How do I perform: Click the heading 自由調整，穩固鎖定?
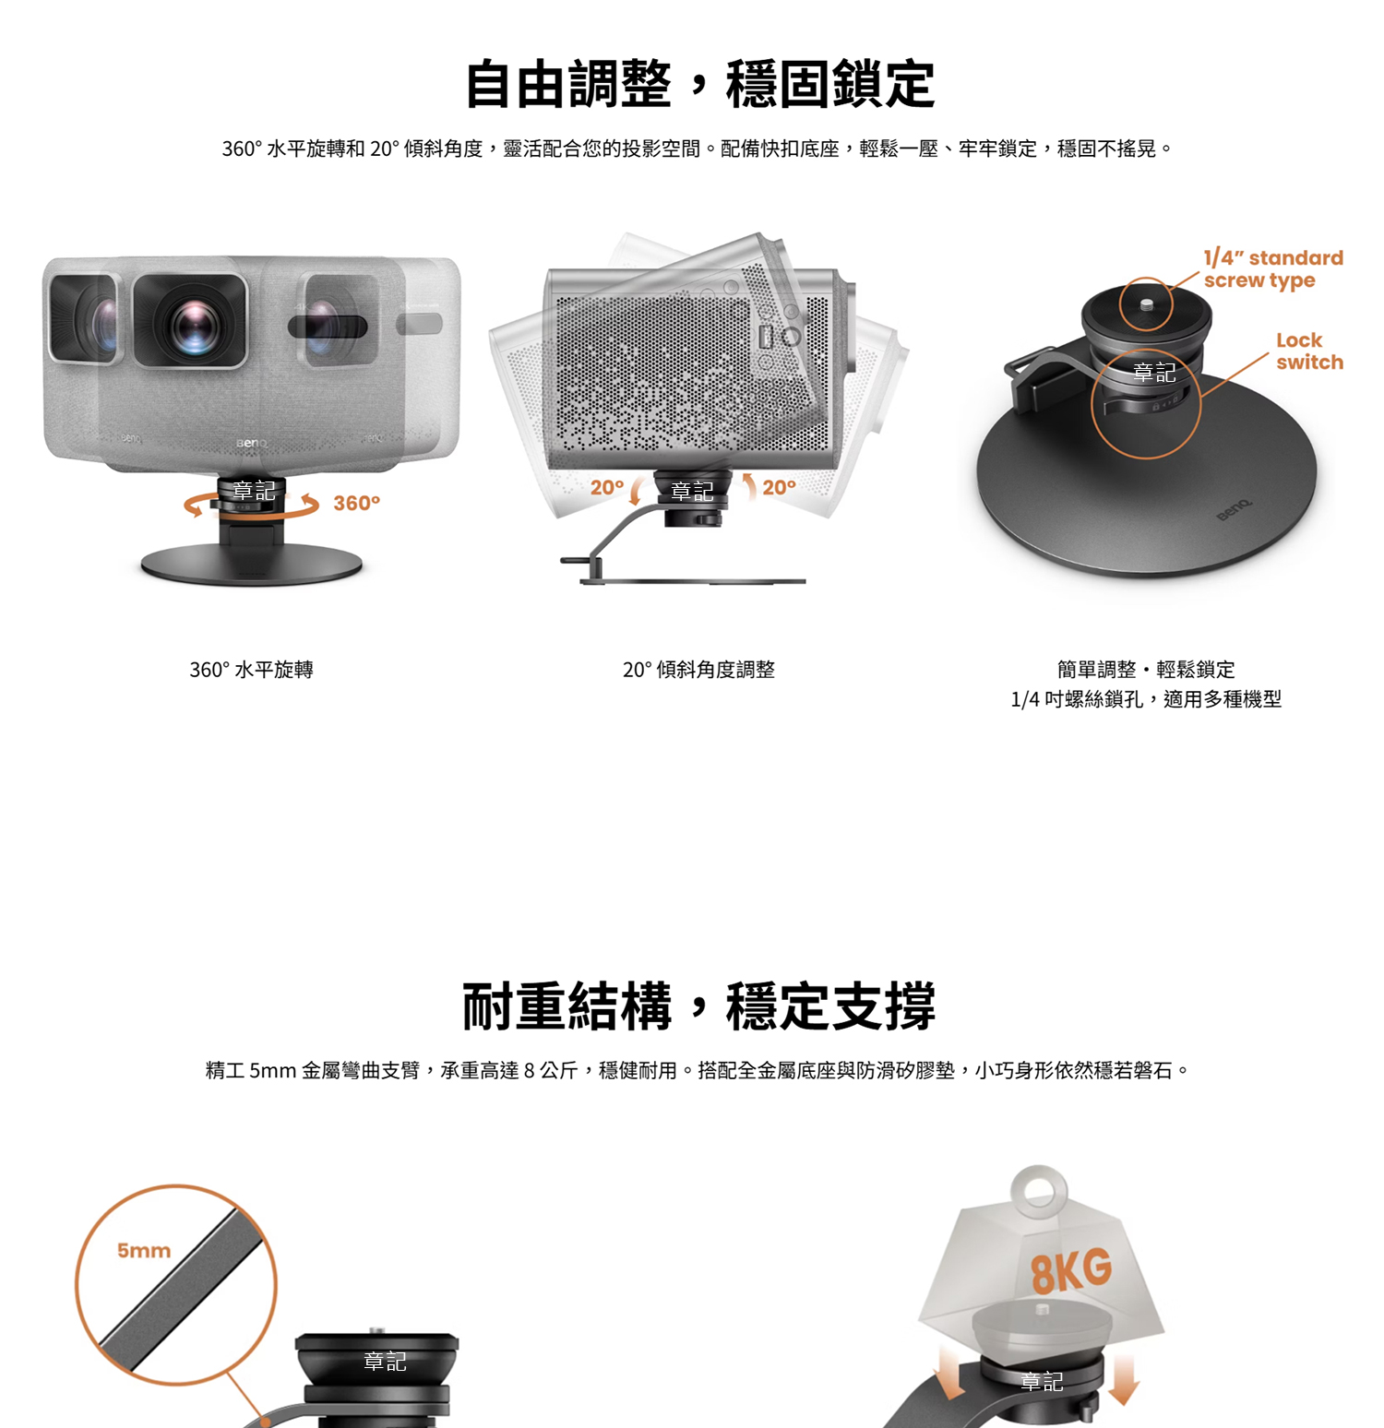click(x=699, y=84)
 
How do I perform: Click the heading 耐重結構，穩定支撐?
click(x=699, y=1006)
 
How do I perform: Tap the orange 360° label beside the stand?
click(x=356, y=503)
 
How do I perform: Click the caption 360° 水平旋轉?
click(x=251, y=670)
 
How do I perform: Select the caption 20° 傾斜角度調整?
click(x=698, y=670)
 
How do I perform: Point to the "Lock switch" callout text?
click(x=1309, y=351)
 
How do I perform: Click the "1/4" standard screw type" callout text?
click(x=1273, y=269)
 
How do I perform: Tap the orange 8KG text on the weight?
click(x=1071, y=1271)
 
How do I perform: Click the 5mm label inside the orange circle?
click(x=144, y=1251)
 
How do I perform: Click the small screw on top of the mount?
click(x=1146, y=303)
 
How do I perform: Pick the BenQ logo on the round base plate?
click(x=1235, y=509)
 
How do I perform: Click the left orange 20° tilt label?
click(x=607, y=487)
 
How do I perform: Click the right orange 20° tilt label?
click(x=779, y=487)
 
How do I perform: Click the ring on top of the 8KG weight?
click(x=1039, y=1191)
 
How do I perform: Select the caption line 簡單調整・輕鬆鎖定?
click(x=1146, y=670)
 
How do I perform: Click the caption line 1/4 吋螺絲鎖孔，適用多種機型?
click(x=1146, y=699)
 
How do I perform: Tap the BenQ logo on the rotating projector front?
click(x=251, y=444)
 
